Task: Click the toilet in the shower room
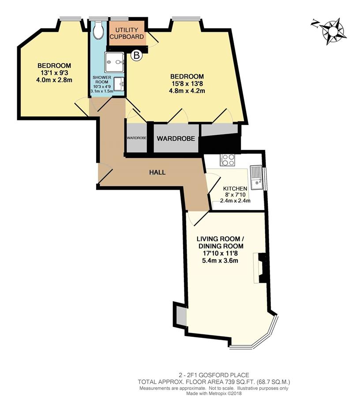coord(98,30)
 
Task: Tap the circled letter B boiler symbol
coord(136,55)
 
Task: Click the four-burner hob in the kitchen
coord(227,160)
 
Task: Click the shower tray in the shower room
coord(114,62)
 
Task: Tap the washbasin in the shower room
coord(119,83)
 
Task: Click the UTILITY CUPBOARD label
coord(127,33)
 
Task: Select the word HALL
coord(157,172)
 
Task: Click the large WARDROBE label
coord(176,139)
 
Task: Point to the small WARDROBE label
coord(136,138)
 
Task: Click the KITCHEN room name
coord(235,189)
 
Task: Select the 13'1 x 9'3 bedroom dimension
coord(54,73)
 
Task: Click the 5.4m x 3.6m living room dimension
coord(220,260)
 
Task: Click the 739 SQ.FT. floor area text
coord(232,382)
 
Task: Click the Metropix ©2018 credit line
coord(214,393)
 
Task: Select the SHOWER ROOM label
coord(102,79)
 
